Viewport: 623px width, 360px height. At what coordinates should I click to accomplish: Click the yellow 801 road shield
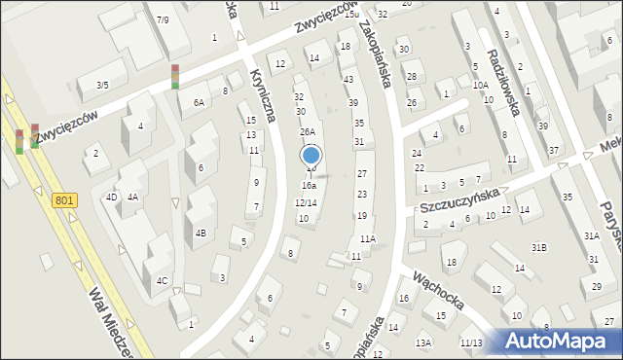coord(63,199)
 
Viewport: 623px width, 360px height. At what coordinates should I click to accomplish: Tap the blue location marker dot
coord(311,155)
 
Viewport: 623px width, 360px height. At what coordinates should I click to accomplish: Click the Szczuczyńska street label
coord(459,200)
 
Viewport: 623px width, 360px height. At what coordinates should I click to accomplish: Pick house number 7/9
coord(163,19)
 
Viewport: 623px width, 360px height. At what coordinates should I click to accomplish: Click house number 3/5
coord(102,85)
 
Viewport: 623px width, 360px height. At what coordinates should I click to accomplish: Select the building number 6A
coord(200,101)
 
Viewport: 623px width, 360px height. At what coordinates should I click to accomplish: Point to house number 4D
coord(112,197)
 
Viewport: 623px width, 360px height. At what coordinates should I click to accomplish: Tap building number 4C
coord(163,280)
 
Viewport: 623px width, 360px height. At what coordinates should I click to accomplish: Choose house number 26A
coord(307,131)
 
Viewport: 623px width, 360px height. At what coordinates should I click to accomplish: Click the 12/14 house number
coord(306,202)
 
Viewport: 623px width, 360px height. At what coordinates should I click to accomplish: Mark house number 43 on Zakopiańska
coord(348,78)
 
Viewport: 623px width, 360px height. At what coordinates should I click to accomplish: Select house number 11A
coord(367,238)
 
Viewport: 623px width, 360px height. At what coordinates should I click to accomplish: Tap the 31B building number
coord(538,247)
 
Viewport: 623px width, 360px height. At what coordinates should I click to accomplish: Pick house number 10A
coord(481,86)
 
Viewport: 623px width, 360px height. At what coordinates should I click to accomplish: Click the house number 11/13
coord(471,342)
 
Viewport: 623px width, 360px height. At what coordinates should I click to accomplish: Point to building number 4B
coord(201,233)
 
